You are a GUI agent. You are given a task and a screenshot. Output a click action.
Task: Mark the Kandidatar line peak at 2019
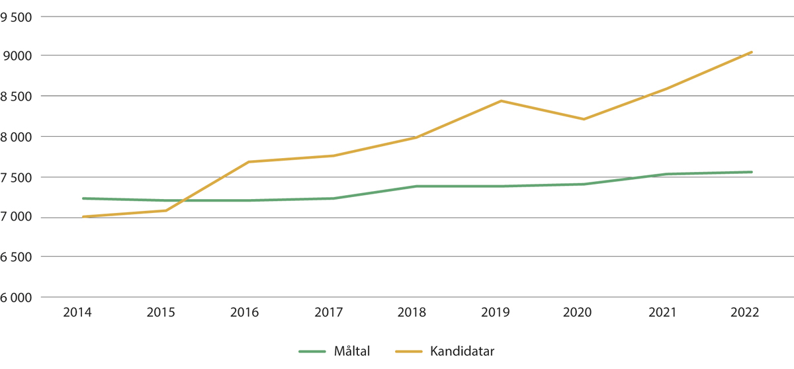[501, 101]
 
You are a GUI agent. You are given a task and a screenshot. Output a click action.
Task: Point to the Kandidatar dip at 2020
[584, 119]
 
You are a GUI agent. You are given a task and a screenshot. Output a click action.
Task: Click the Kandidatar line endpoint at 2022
[751, 52]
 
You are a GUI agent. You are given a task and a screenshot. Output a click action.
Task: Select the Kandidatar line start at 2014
[83, 217]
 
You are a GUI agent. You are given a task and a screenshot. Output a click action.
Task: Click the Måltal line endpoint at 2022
[751, 172]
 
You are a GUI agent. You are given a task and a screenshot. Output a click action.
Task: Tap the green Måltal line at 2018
[417, 186]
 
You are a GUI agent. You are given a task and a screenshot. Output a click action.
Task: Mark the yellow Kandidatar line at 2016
[249, 162]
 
